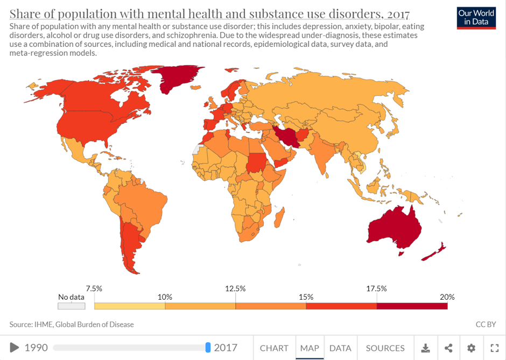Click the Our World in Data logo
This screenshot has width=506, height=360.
click(x=476, y=17)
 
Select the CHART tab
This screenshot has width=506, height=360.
click(x=274, y=348)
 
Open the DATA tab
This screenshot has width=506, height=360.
click(x=340, y=348)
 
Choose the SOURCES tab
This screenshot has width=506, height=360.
click(x=385, y=348)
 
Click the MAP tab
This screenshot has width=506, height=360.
click(x=310, y=348)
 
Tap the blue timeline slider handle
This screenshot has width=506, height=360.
click(x=208, y=348)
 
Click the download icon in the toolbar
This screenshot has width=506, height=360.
click(x=425, y=348)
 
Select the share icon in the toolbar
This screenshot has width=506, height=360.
click(x=448, y=348)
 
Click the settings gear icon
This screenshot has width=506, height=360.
click(x=472, y=348)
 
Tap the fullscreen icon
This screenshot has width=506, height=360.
click(x=494, y=348)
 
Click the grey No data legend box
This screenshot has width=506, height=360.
click(x=72, y=306)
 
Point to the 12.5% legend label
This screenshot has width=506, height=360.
click(x=235, y=288)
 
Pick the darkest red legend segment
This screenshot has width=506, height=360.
click(x=412, y=306)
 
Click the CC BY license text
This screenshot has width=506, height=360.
click(x=486, y=324)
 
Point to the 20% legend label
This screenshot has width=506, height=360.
click(x=447, y=297)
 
